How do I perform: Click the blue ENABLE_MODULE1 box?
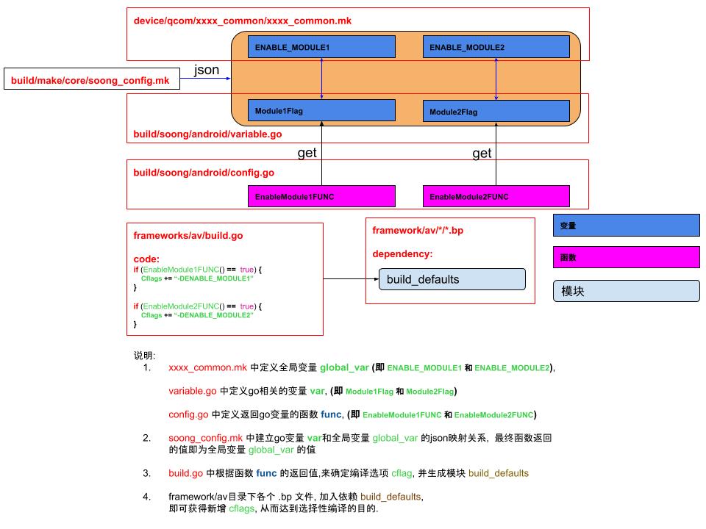pos(321,47)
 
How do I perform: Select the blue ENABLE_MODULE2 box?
pos(496,47)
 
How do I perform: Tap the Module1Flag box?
pos(321,111)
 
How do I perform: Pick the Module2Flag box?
pos(496,112)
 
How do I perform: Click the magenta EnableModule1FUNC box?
pos(321,197)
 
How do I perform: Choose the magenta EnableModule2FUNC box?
pos(496,197)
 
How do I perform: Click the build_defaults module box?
pos(452,279)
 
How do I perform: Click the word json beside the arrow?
pos(206,71)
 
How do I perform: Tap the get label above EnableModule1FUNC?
pos(307,154)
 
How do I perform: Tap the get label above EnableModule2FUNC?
pos(482,154)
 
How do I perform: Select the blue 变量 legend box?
pos(626,226)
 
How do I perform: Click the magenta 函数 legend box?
pos(626,258)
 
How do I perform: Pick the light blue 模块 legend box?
pos(626,291)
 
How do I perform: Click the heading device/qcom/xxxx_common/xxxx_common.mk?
pos(242,21)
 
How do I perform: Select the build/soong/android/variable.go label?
pos(207,134)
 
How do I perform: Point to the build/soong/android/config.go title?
pos(204,173)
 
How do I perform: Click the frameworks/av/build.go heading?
pos(188,236)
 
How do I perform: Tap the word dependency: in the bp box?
pos(402,253)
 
